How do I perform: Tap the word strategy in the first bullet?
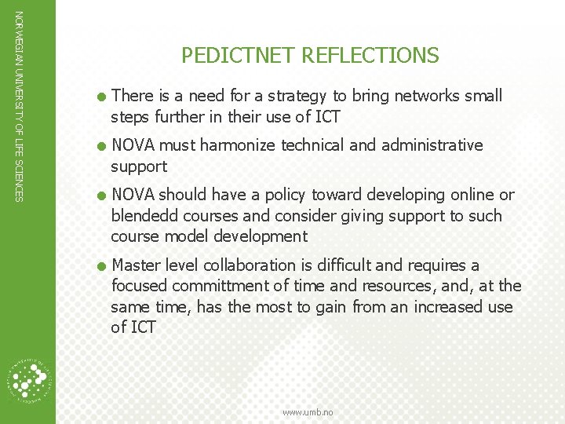pyautogui.click(x=290, y=96)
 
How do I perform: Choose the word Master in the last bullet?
pyautogui.click(x=137, y=265)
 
